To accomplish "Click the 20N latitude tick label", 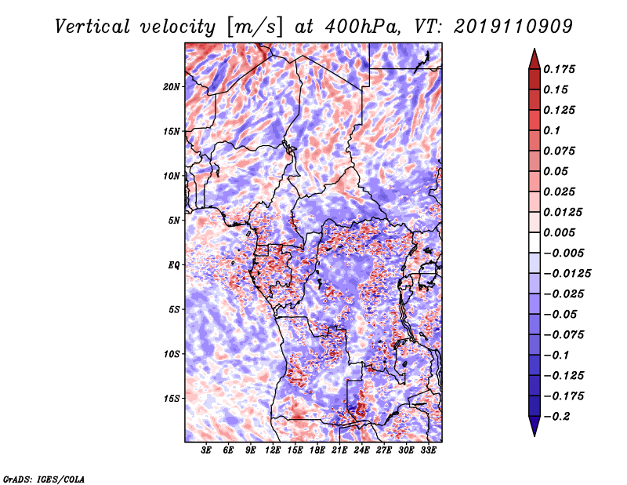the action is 172,87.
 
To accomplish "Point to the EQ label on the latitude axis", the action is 174,265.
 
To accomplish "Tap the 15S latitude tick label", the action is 172,399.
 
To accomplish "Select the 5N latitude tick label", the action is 174,221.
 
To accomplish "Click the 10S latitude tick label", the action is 172,354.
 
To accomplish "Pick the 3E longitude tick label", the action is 206,450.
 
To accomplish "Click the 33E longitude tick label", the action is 428,450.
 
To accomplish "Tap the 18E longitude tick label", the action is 317,450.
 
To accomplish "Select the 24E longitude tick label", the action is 361,450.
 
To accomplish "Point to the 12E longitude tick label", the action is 273,450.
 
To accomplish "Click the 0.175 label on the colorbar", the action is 559,69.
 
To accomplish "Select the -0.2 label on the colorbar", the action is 556,417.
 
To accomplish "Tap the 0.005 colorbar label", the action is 559,232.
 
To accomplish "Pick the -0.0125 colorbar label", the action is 567,274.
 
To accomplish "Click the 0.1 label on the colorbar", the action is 552,130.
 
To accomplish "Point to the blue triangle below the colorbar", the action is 535,425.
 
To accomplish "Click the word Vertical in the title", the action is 92,27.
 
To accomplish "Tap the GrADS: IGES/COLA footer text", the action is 44,479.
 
